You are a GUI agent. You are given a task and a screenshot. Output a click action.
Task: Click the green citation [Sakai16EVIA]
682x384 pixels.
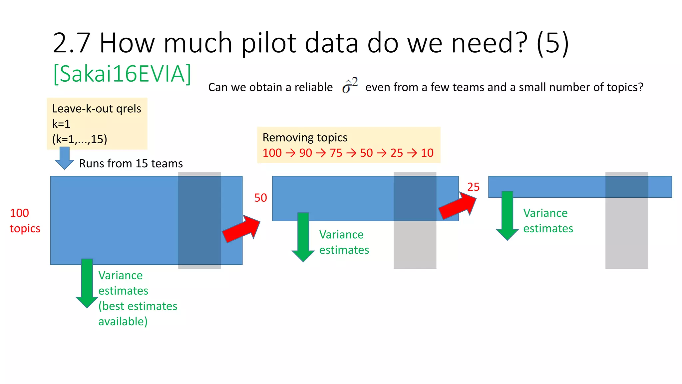pos(122,74)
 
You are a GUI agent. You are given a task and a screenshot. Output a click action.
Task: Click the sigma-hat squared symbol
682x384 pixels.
pos(350,86)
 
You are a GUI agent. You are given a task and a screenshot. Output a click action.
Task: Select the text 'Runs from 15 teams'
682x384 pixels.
pos(131,164)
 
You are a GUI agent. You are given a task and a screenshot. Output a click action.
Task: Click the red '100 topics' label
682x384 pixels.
pos(25,221)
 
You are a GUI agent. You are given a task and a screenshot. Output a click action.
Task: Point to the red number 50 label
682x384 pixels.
pos(260,198)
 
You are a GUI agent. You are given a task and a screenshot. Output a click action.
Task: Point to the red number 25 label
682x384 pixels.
pos(473,187)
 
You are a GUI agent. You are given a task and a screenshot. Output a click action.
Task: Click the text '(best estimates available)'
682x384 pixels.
pos(138,314)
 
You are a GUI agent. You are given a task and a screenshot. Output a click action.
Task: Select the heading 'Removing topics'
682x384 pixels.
pos(305,138)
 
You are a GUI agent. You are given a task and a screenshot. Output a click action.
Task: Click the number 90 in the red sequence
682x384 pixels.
pos(305,153)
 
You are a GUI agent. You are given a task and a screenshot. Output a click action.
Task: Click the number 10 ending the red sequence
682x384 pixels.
pos(427,153)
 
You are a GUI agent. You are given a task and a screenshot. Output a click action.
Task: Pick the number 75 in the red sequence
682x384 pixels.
pos(336,153)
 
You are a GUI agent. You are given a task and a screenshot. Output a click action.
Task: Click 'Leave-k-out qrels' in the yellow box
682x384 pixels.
pos(97,109)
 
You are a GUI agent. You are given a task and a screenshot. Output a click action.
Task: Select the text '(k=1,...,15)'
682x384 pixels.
pos(80,139)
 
